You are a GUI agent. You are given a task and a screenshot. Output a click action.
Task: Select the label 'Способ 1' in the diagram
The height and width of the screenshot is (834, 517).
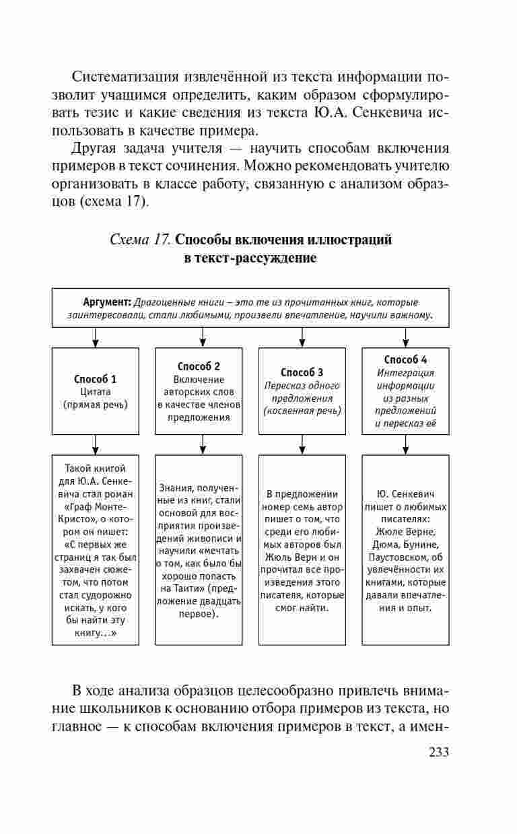click(x=96, y=378)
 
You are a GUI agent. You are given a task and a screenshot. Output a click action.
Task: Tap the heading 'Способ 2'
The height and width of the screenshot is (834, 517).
click(x=199, y=366)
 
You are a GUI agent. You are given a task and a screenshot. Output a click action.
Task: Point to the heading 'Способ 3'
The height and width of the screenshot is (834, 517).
click(x=302, y=372)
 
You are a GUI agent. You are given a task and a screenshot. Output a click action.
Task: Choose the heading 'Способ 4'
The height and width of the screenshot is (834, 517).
click(x=405, y=359)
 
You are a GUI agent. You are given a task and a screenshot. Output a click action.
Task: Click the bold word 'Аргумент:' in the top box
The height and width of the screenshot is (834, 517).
click(x=107, y=301)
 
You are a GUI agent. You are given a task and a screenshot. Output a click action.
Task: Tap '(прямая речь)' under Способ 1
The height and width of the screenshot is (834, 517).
click(x=96, y=405)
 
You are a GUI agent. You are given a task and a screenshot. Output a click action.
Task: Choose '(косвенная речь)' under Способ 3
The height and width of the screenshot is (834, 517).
click(x=302, y=411)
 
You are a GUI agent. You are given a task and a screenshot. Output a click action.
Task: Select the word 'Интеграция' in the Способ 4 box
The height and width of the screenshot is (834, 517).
click(x=405, y=373)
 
